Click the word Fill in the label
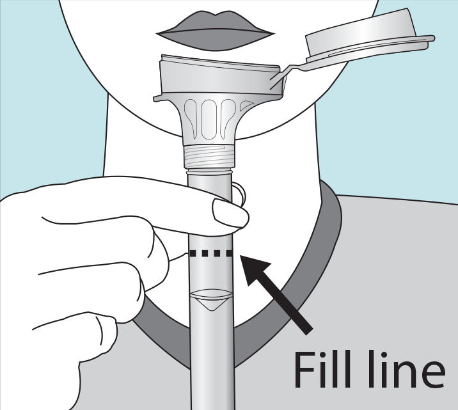[322, 370]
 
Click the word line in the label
[406, 370]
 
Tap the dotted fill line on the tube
[211, 253]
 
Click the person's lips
[216, 31]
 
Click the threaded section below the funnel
[209, 157]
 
